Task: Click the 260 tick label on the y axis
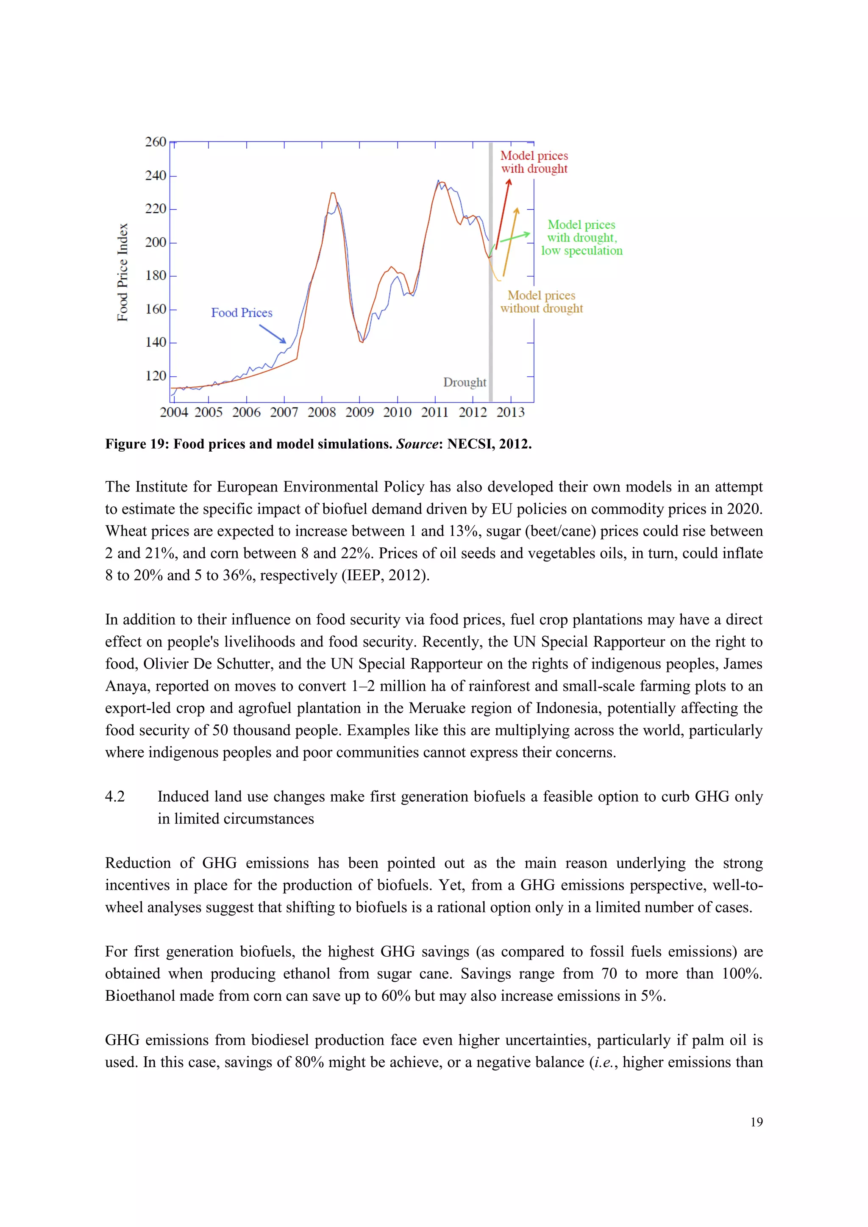click(156, 142)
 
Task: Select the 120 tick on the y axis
click(156, 376)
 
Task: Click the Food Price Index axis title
click(123, 272)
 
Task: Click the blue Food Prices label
click(242, 313)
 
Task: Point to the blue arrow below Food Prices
click(273, 334)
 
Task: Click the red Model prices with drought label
click(534, 162)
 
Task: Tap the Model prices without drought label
click(541, 302)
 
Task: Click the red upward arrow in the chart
click(503, 214)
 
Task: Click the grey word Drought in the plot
click(465, 383)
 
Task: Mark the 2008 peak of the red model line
click(332, 194)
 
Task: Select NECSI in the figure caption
click(470, 444)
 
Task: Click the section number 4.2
click(115, 797)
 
